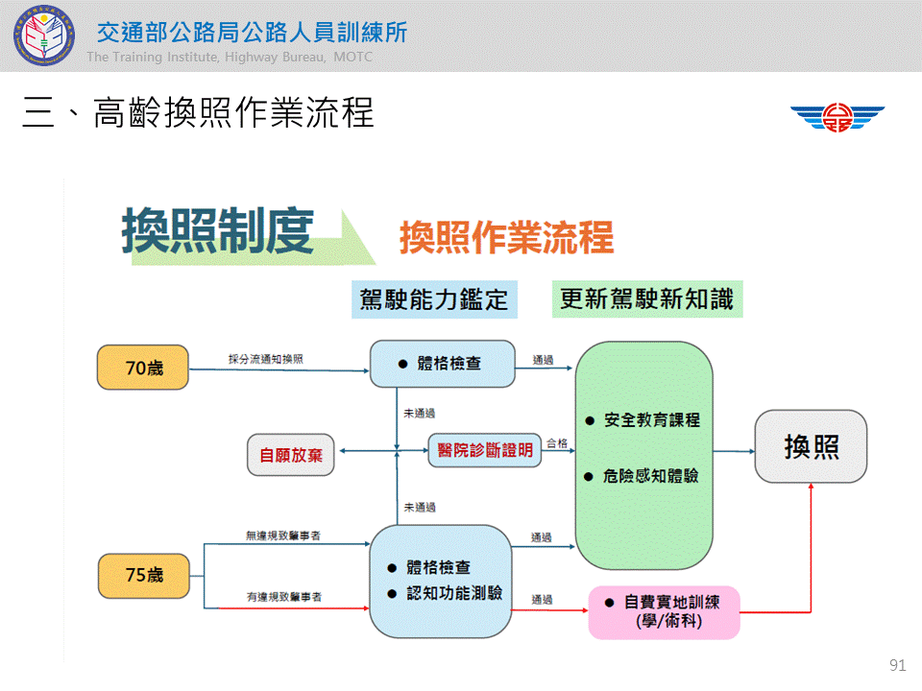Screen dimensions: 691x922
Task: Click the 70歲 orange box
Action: tap(143, 368)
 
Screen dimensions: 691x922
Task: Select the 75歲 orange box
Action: tap(143, 575)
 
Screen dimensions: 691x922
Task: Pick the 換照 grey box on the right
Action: tap(811, 446)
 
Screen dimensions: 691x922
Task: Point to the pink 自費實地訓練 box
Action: tap(664, 611)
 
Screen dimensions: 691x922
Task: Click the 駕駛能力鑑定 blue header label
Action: tap(433, 299)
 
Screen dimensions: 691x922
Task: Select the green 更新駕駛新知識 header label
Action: tap(646, 299)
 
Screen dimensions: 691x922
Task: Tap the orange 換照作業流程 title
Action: tap(506, 237)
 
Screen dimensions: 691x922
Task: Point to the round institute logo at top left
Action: tap(42, 35)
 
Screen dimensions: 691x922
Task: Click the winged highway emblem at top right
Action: tap(837, 118)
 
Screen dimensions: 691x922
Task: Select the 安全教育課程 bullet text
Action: tap(651, 420)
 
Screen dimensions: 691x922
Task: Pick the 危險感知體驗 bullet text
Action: tap(651, 475)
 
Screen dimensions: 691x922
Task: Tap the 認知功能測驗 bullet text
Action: tap(453, 593)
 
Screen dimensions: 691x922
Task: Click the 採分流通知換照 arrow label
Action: tap(266, 359)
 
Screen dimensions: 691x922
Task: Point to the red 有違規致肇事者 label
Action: tap(283, 597)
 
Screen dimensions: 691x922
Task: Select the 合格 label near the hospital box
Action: tap(557, 443)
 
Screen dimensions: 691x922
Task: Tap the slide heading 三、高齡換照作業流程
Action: tap(198, 114)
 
